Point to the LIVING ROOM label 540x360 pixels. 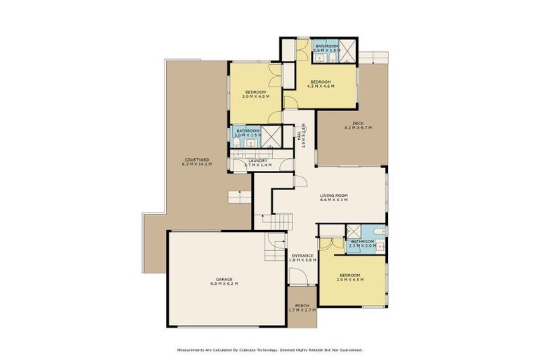(334, 196)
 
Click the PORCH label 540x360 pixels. (302, 306)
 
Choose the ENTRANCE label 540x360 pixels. (302, 256)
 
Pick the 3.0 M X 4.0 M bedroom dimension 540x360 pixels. (255, 97)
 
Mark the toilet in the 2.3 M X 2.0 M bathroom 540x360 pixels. (378, 231)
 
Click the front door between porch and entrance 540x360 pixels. (302, 286)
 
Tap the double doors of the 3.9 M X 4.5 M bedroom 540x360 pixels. (328, 245)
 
